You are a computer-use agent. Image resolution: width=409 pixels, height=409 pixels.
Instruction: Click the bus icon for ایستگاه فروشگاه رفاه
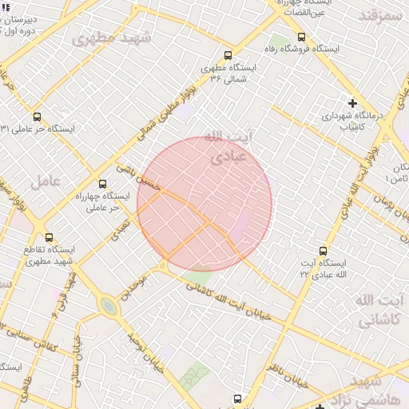[301, 37]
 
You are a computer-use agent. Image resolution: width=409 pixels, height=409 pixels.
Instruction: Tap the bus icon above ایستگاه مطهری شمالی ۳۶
[228, 56]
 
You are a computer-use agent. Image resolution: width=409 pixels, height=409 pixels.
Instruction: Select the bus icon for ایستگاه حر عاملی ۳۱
[37, 117]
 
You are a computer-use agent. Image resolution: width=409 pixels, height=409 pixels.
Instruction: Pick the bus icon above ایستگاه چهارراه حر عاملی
[101, 184]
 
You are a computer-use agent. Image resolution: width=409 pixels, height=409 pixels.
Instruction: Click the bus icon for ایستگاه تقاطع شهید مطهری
[50, 237]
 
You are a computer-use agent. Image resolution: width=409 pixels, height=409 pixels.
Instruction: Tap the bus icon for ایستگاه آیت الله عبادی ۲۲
[323, 251]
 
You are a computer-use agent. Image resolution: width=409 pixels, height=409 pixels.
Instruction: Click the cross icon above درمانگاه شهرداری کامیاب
[352, 103]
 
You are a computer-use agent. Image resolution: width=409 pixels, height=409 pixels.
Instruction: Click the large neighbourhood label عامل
[46, 182]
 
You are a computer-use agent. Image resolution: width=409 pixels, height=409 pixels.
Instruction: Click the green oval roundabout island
[108, 307]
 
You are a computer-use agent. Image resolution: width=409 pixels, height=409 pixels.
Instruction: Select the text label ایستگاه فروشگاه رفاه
[306, 50]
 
